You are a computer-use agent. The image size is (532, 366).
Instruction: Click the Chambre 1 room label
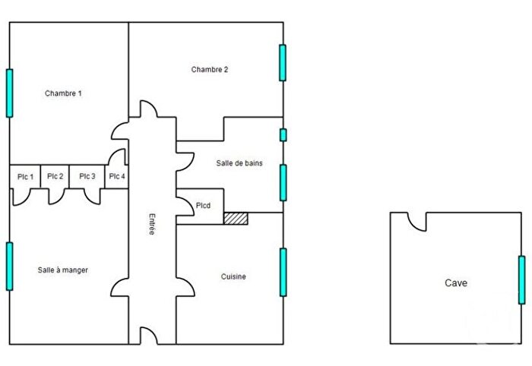pyautogui.click(x=63, y=93)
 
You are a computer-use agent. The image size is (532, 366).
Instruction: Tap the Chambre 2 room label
pyautogui.click(x=210, y=69)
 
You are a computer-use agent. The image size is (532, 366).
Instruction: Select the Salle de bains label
pyautogui.click(x=239, y=162)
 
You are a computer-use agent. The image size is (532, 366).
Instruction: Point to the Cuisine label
pyautogui.click(x=233, y=277)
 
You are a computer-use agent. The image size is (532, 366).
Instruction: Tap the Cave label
pyautogui.click(x=456, y=283)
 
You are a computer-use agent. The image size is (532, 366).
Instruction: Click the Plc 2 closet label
pyautogui.click(x=55, y=177)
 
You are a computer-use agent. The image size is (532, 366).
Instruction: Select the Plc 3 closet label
pyautogui.click(x=87, y=177)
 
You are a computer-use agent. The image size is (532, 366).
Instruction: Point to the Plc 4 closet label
pyautogui.click(x=116, y=177)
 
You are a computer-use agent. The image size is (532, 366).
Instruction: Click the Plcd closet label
pyautogui.click(x=204, y=205)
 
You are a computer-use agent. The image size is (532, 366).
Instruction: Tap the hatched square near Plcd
pyautogui.click(x=236, y=218)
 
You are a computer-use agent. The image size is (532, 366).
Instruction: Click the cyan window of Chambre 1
pyautogui.click(x=10, y=93)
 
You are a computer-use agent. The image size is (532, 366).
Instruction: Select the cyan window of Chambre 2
pyautogui.click(x=283, y=62)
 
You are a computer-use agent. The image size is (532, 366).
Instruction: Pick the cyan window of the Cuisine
pyautogui.click(x=283, y=272)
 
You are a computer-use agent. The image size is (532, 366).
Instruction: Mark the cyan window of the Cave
pyautogui.click(x=521, y=279)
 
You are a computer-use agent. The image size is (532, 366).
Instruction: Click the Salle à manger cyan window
pyautogui.click(x=10, y=266)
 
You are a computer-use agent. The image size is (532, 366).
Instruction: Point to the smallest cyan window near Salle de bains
pyautogui.click(x=283, y=135)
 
